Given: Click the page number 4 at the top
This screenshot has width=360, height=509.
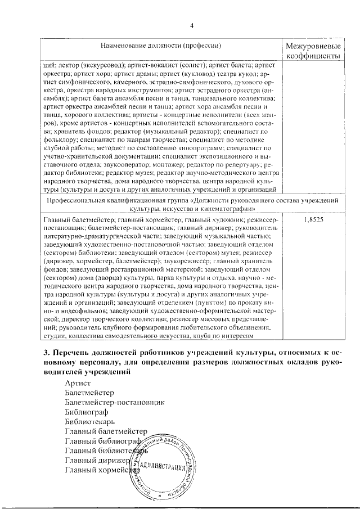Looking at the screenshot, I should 191,25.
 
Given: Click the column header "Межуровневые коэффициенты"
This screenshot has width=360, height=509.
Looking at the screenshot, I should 313,51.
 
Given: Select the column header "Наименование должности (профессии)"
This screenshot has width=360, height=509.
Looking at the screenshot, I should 160,45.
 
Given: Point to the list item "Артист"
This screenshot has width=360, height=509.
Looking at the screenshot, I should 78,382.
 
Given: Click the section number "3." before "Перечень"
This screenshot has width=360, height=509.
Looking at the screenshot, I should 47,352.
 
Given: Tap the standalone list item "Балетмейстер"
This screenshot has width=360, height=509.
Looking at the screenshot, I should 89,392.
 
